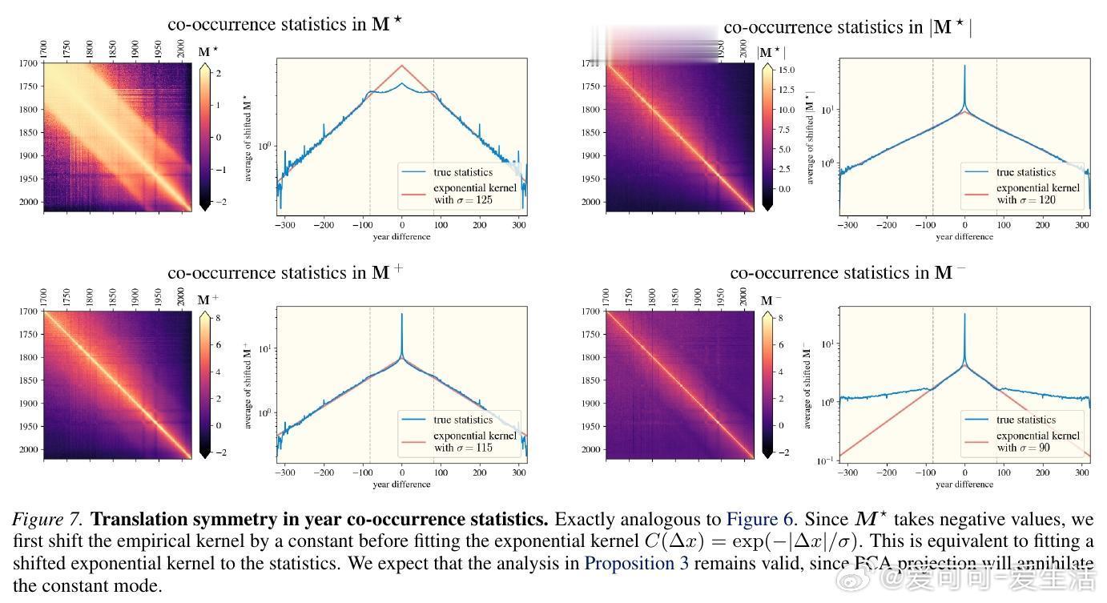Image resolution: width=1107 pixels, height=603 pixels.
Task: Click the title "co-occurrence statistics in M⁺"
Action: (285, 273)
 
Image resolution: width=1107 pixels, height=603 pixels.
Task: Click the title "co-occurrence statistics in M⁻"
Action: (847, 273)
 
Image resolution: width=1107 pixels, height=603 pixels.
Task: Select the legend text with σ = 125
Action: (464, 200)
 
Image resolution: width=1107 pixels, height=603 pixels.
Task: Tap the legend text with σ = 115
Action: (463, 448)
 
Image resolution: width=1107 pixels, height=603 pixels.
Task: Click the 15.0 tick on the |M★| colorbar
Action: (785, 70)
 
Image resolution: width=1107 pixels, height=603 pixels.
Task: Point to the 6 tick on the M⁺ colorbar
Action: (218, 345)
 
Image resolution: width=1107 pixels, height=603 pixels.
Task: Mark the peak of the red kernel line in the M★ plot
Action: (402, 66)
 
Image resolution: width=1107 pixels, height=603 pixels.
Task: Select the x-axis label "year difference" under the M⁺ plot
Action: (401, 484)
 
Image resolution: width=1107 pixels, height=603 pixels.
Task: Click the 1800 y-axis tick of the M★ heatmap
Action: (30, 110)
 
